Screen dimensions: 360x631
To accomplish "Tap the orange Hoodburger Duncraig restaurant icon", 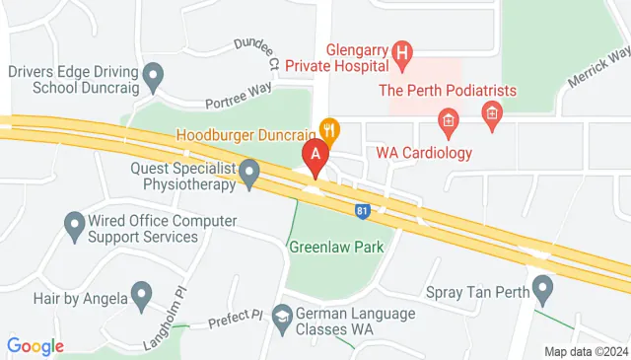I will coord(329,128).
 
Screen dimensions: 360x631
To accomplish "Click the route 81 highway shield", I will coord(363,209).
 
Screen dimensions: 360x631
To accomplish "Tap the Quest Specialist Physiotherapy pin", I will coord(249,176).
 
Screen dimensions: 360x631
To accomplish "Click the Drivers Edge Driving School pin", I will coord(153,74).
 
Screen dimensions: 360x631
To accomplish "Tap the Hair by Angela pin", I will coord(142,294).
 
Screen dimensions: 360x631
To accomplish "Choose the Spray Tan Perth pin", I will coord(541,289).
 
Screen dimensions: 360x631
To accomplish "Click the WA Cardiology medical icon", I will coord(448,125).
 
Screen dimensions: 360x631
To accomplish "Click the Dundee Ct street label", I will coord(257,50).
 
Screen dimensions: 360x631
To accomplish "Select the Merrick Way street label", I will coord(598,68).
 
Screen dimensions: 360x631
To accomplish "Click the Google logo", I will coord(35,346).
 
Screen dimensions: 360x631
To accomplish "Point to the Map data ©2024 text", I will coord(586,351).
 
